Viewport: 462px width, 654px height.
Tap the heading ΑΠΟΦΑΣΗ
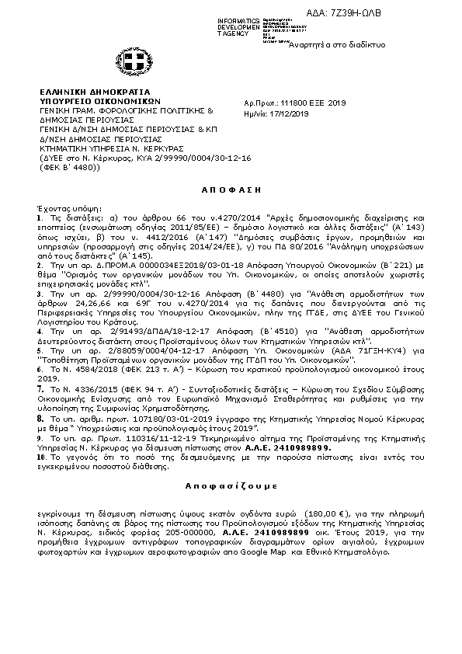coord(231,189)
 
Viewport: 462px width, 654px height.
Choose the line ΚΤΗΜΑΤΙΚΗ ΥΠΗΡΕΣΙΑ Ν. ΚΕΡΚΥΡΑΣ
coord(111,148)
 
